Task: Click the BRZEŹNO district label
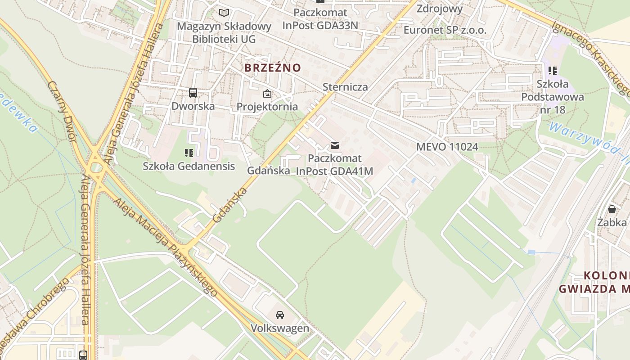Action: [272, 68]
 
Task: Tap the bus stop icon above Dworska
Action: [193, 93]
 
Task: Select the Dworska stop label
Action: [193, 106]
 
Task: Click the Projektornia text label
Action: [267, 107]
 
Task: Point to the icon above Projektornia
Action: [267, 94]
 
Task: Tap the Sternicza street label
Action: [345, 87]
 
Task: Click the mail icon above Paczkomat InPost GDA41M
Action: [334, 145]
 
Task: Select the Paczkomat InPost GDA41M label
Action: [335, 165]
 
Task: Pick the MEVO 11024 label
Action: [447, 147]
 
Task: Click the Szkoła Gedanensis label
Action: [189, 166]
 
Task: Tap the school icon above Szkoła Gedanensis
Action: [189, 153]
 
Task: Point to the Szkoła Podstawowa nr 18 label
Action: [553, 97]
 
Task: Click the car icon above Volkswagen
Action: [280, 315]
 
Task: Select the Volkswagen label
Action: [280, 328]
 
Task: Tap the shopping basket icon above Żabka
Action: [612, 209]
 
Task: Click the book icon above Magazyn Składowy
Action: [224, 13]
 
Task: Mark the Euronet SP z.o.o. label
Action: [445, 30]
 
